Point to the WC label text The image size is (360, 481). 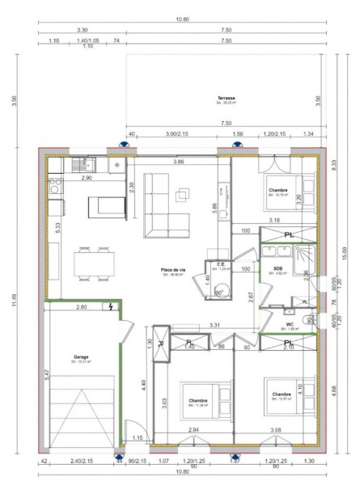[289, 325]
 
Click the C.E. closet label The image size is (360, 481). [220, 264]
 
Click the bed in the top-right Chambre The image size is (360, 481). [284, 192]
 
